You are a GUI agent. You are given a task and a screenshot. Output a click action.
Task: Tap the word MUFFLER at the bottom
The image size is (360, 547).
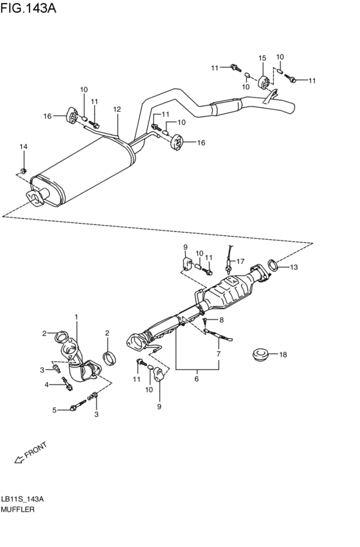click(18, 509)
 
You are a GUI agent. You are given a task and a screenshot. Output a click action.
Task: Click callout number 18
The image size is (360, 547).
click(283, 354)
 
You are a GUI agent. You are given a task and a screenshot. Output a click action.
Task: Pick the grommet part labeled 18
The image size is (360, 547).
click(259, 354)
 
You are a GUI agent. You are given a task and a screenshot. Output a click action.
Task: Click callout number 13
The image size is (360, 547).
click(293, 267)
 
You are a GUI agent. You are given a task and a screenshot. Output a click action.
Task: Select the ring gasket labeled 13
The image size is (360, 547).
click(273, 264)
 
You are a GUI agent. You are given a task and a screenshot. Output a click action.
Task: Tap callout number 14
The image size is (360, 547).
click(24, 147)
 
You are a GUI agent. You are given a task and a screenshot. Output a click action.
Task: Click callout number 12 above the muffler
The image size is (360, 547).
click(117, 109)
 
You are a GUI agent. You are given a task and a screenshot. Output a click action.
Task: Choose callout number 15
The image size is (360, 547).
click(262, 58)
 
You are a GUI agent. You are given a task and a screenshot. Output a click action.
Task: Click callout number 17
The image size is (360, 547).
click(240, 261)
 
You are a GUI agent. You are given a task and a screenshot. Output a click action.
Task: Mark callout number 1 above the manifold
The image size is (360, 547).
click(76, 317)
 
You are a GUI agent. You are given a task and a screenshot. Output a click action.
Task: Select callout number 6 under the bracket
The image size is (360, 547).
click(197, 379)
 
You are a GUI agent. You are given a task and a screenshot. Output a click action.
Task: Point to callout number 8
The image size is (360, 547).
click(221, 319)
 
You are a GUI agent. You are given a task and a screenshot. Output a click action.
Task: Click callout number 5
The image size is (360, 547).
click(55, 409)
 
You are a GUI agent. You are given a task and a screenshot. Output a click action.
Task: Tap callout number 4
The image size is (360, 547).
click(46, 384)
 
